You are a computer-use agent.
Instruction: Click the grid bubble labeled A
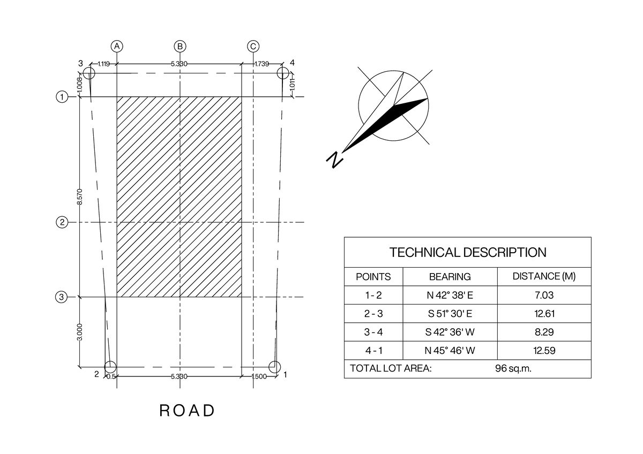click(117, 46)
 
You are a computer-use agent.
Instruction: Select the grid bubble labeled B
click(180, 46)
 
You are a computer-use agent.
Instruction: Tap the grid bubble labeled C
click(253, 46)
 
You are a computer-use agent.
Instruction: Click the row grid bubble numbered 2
click(62, 222)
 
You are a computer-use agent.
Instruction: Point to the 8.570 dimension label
click(80, 196)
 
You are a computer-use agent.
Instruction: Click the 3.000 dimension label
click(80, 332)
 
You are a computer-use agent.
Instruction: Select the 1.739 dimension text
click(262, 64)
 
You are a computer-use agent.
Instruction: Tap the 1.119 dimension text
click(103, 64)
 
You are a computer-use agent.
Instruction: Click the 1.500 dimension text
click(259, 376)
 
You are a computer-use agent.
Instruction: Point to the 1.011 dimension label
click(292, 84)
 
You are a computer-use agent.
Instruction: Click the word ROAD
click(187, 411)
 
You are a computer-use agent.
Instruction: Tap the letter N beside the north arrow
click(335, 160)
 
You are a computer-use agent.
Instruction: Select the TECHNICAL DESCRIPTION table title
click(468, 252)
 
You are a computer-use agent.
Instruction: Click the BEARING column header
click(450, 276)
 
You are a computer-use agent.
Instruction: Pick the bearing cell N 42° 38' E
click(450, 295)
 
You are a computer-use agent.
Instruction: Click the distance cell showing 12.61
click(544, 314)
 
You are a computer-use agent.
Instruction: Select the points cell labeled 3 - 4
click(373, 332)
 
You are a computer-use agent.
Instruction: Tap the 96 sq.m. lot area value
click(513, 368)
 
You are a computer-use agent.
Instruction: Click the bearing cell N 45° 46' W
click(450, 350)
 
